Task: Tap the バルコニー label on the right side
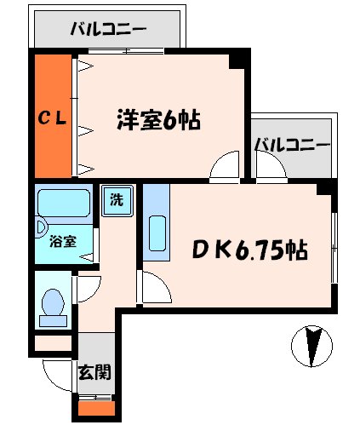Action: (292, 143)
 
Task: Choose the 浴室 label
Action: (62, 241)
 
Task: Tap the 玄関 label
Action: (94, 371)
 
